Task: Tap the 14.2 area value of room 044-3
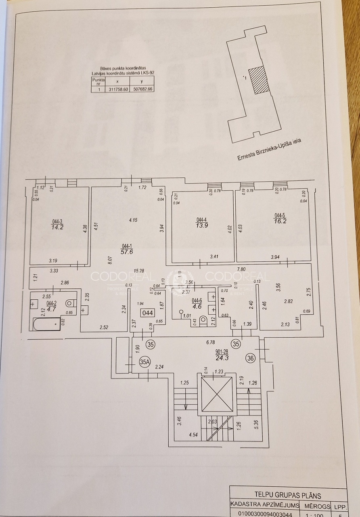click(57, 227)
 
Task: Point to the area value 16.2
click(280, 221)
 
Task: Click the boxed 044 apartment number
click(147, 313)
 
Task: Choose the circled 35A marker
click(144, 361)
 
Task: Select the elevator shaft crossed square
click(217, 394)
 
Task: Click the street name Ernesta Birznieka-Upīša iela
click(270, 149)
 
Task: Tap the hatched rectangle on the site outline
click(257, 80)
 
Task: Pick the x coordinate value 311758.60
click(118, 89)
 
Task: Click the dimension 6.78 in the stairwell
click(210, 343)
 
